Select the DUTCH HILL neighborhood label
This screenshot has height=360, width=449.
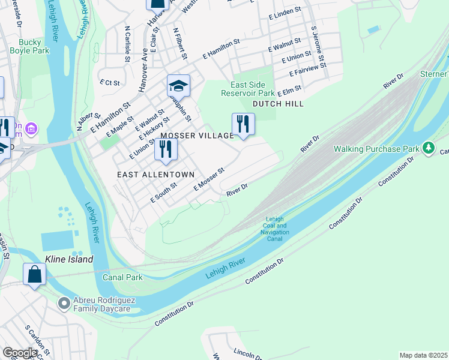pos(277,104)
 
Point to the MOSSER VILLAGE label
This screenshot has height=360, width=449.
pos(196,136)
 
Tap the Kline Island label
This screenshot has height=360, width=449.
pos(69,259)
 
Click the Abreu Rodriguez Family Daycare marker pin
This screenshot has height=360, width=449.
pos(64,304)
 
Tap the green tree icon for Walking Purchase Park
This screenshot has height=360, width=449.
pos(428,148)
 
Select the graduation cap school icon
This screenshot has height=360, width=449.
pos(178,86)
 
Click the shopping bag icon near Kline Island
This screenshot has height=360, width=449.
pos(34,274)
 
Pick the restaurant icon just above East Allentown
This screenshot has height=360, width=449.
pos(166,149)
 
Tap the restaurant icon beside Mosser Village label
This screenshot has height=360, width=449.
pos(243,124)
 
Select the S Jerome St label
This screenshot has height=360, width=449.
pos(318,45)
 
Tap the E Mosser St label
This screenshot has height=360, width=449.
pos(208,179)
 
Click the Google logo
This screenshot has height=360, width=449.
pos(20,353)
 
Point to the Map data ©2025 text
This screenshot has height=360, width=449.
pos(423,355)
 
